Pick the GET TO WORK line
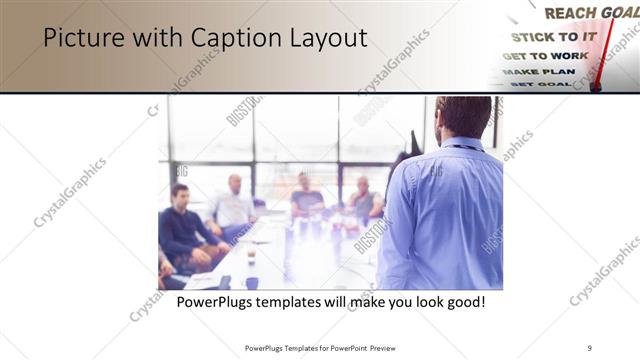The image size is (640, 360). [545, 56]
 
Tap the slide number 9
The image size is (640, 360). [590, 347]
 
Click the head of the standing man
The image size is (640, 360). [462, 116]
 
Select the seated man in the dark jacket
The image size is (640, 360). [182, 225]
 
